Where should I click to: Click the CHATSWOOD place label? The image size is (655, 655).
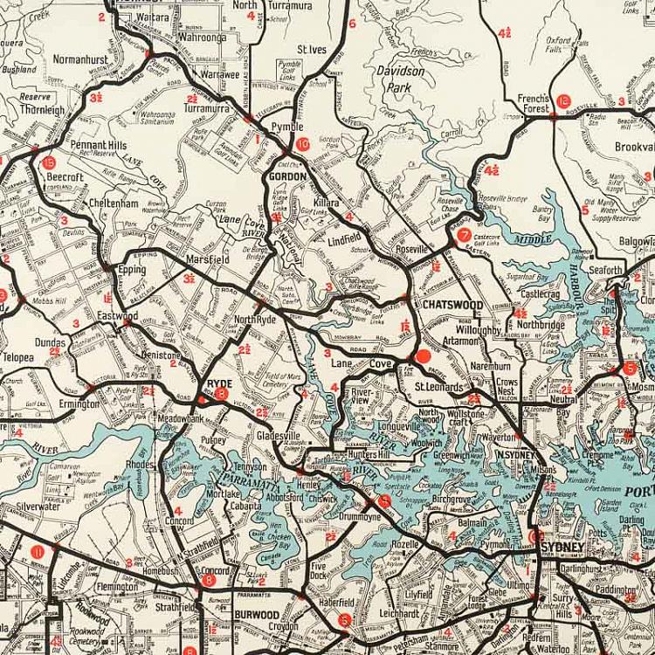tap(452, 305)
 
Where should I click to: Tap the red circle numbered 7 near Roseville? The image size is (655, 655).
tap(464, 235)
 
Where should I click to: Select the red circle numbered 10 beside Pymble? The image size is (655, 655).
tap(303, 145)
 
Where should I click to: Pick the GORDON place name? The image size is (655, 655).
tap(287, 176)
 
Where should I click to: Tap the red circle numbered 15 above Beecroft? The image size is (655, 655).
tap(48, 162)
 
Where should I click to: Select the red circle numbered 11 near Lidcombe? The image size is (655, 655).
tap(37, 552)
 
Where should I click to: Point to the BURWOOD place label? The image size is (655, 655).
tap(256, 616)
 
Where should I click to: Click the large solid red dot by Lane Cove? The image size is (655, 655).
tap(423, 356)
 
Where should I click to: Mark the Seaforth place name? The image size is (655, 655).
tap(604, 271)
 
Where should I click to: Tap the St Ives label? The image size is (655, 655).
tap(312, 50)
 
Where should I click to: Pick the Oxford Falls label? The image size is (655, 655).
tap(559, 45)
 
